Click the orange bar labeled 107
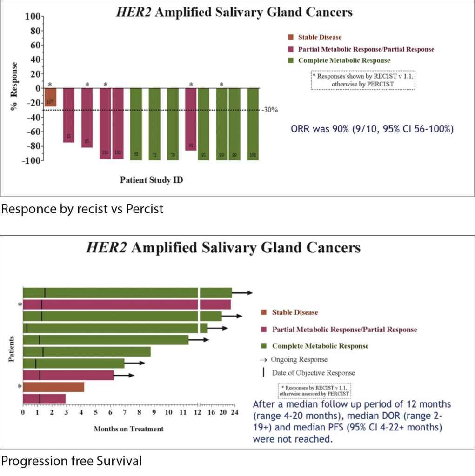click(x=50, y=97)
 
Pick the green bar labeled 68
click(x=136, y=124)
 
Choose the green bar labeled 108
click(x=253, y=124)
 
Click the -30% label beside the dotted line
click(x=269, y=110)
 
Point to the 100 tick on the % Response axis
click(x=33, y=16)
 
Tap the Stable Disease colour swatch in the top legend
click(x=291, y=37)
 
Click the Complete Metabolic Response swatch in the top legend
click(x=291, y=60)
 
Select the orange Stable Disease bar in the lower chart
click(x=54, y=387)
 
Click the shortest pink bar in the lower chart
click(x=44, y=399)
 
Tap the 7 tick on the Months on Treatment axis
click(x=125, y=412)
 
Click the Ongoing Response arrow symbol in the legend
click(x=263, y=359)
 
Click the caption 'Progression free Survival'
click(x=71, y=461)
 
